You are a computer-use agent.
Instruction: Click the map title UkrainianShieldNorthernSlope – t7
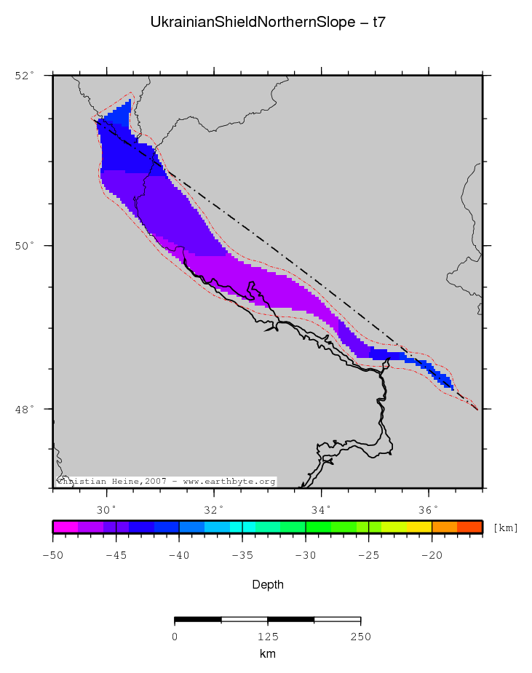tap(267, 23)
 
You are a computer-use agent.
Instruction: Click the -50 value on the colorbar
tap(53, 555)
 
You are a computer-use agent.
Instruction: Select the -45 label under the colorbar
tap(116, 555)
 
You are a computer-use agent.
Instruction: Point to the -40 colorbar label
tap(179, 555)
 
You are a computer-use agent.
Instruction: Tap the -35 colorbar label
tap(242, 555)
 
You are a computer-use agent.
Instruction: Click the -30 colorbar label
tap(306, 555)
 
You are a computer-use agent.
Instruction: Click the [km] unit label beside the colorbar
tap(505, 527)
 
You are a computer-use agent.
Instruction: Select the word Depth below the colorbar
tap(267, 584)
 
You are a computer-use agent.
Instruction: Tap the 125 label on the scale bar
tap(267, 637)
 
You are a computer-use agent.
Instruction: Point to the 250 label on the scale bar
tap(360, 637)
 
